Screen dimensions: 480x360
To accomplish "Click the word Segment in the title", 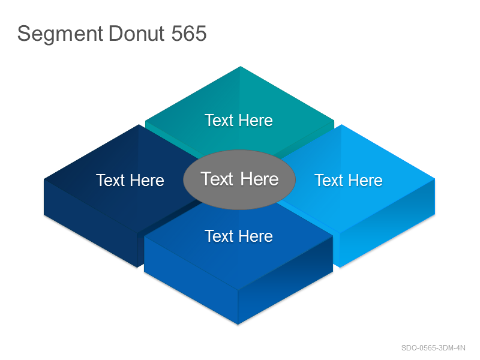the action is click(60, 34).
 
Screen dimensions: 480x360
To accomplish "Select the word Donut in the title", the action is click(137, 34).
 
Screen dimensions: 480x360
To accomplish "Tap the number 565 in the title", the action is click(189, 34).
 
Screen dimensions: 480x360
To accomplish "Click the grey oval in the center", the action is click(239, 179).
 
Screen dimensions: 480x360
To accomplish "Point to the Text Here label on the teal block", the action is click(239, 121).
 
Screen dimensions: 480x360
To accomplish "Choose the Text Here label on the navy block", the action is click(130, 181).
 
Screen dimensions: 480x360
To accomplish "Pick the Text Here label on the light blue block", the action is click(349, 181).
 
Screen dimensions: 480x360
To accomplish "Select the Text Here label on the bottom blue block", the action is click(239, 236).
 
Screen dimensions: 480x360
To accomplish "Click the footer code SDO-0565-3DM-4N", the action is click(433, 348).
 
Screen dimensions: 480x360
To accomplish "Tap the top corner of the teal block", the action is click(241, 67).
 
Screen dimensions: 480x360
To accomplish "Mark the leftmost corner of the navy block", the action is click(44, 179).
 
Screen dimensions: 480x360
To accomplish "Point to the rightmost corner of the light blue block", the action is click(434, 179).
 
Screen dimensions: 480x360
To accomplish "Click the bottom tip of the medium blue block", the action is click(238, 324).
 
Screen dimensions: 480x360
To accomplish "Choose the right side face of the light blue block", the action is click(387, 223).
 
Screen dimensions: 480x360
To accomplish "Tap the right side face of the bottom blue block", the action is click(286, 280).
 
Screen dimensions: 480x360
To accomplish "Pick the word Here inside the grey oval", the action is click(260, 179).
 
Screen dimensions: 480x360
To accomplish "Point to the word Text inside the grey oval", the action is click(217, 179).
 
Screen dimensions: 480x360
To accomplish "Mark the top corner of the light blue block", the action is click(341, 125).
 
